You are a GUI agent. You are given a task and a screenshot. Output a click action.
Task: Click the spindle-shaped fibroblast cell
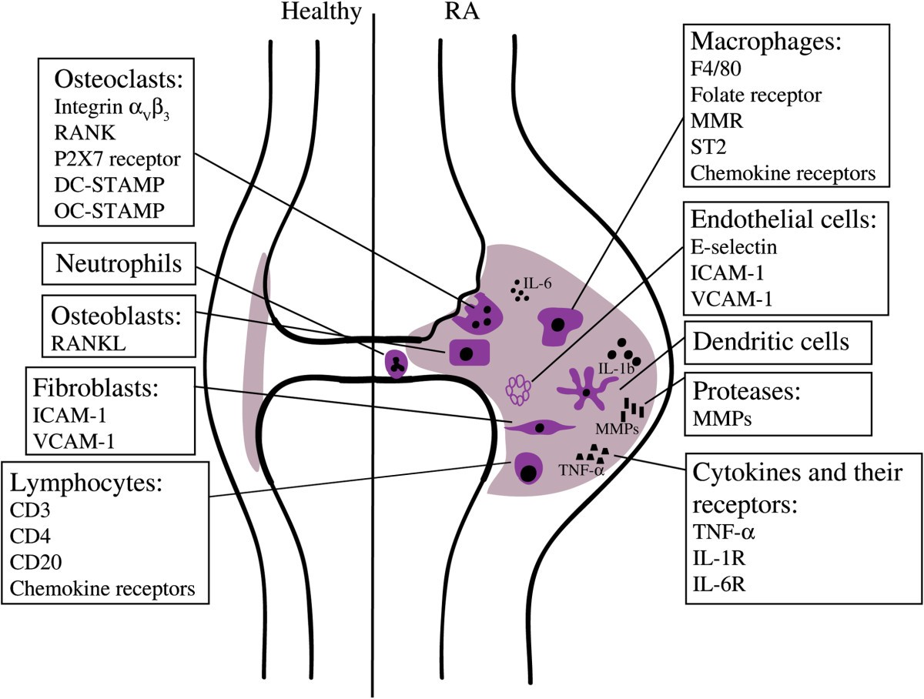[x=539, y=426]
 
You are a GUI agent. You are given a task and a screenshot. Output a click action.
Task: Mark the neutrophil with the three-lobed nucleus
[x=396, y=363]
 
